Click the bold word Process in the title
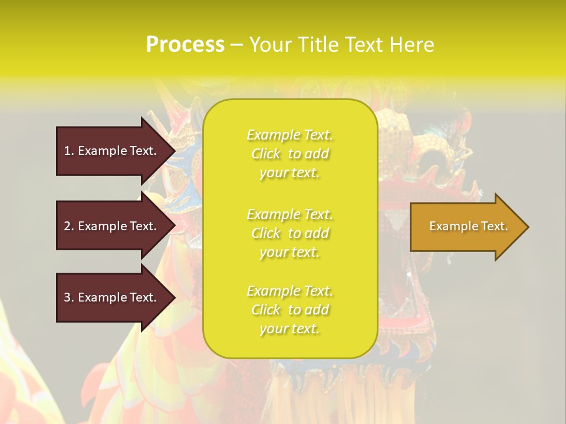tap(185, 45)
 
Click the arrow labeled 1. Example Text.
tap(112, 151)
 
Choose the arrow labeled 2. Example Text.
tap(112, 226)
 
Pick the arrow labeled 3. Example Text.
tap(112, 297)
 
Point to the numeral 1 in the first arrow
tap(67, 151)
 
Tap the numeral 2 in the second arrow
tap(67, 226)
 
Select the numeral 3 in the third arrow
tap(67, 297)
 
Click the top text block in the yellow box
tap(289, 154)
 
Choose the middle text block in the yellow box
tap(289, 233)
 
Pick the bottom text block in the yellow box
tap(289, 310)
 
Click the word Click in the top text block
tap(266, 154)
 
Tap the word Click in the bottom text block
tap(266, 310)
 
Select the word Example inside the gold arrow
tap(449, 226)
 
